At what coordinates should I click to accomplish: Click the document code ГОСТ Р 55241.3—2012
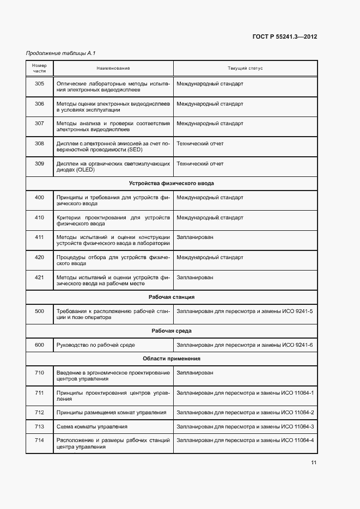coord(285,37)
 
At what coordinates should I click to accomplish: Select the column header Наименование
coord(113,69)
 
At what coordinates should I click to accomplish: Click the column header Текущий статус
coord(245,69)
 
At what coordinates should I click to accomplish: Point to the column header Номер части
coord(39,69)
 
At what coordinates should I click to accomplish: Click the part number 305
coord(39,84)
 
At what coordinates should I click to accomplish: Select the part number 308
coord(39,144)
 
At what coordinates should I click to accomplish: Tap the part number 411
coord(39,237)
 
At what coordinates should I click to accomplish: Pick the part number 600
coord(39,345)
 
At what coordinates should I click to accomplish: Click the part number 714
coord(39,440)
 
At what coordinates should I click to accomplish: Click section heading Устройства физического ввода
coord(172,183)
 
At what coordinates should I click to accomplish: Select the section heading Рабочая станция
coord(172,297)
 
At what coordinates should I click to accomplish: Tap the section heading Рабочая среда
coord(172,331)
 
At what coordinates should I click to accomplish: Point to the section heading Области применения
coord(172,359)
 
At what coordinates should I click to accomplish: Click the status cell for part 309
coord(200,163)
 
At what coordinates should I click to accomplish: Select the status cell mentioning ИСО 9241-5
coord(245,311)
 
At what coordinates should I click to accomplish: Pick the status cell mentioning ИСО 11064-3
coord(245,426)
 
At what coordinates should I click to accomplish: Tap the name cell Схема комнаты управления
coord(92,426)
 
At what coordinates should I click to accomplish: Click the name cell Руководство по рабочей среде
coord(96,345)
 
